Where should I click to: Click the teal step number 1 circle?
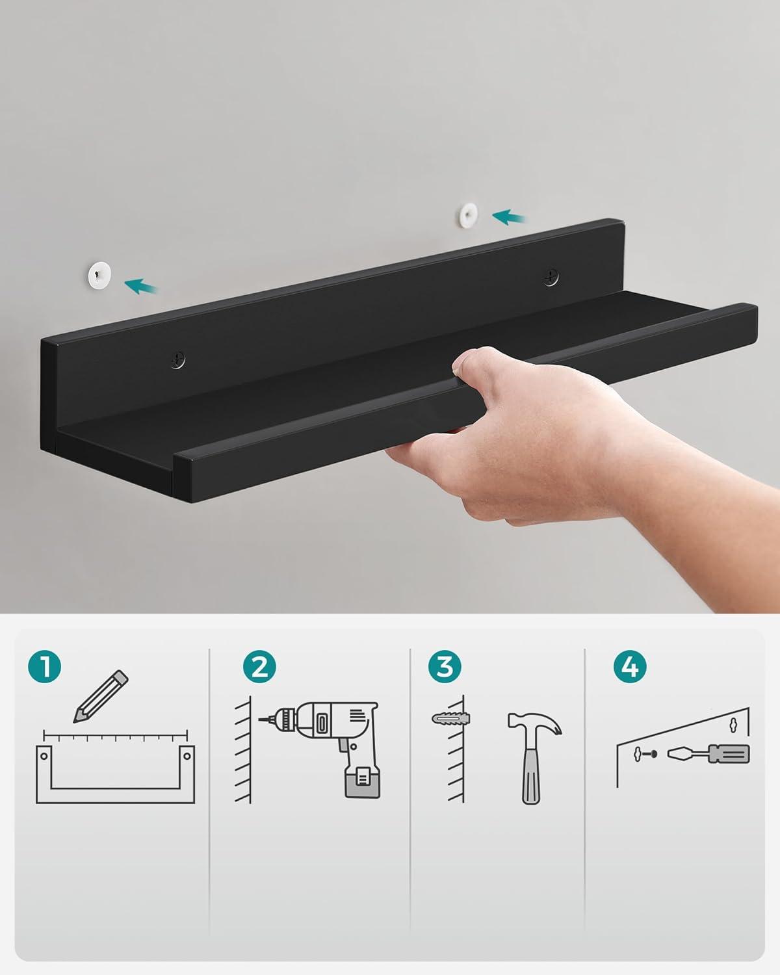coord(44,666)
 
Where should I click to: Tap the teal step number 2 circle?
coord(259,666)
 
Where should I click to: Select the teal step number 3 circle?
coord(445,666)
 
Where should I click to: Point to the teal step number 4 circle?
coord(630,666)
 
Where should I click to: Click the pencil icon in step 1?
coord(101,696)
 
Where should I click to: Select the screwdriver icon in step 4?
coord(708,755)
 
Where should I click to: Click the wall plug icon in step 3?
coord(451,718)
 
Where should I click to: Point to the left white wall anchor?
coord(99,274)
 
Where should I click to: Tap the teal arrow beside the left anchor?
coord(140,287)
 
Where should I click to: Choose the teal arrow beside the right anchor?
coord(508,217)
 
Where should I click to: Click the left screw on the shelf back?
coord(178,359)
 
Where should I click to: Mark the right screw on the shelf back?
coord(551,278)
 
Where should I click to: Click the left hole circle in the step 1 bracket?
coord(44,756)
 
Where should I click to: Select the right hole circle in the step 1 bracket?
coord(187,756)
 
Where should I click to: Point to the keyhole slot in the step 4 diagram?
coord(733,725)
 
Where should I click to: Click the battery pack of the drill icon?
coord(362,783)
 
